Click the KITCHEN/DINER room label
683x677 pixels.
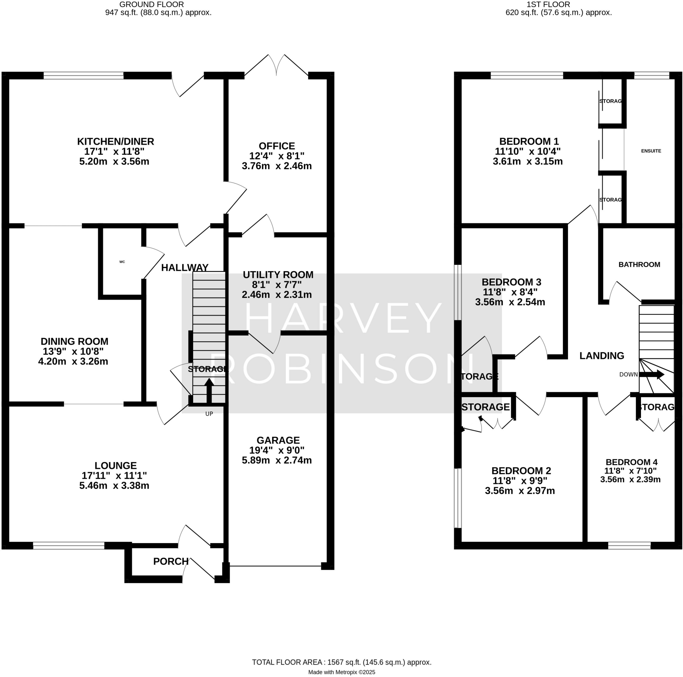(x=116, y=142)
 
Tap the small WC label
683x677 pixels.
(x=122, y=262)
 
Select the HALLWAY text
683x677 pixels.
(x=184, y=268)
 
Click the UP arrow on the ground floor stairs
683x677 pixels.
(x=209, y=390)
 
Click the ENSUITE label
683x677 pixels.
(x=651, y=151)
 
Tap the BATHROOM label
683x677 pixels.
(x=639, y=265)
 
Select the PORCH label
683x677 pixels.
(x=171, y=561)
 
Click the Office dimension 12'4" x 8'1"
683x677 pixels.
(x=277, y=156)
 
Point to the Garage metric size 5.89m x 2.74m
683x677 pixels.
(x=277, y=460)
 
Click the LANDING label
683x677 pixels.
(x=602, y=355)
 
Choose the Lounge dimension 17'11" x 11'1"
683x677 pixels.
(x=114, y=475)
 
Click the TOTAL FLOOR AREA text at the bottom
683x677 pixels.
(x=341, y=662)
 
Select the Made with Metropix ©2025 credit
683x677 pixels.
(x=341, y=672)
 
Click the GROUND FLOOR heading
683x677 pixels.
(x=151, y=5)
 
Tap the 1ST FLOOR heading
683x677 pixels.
(x=548, y=5)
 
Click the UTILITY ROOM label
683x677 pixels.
(x=278, y=275)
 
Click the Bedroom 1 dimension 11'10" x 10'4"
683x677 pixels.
(x=528, y=152)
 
